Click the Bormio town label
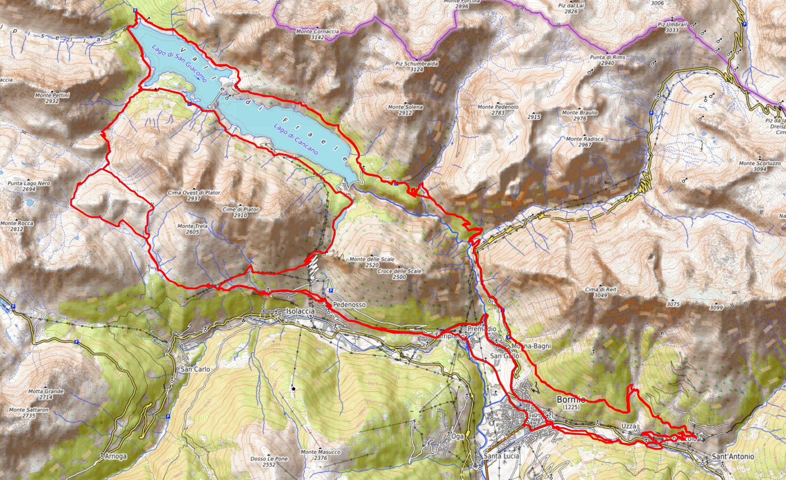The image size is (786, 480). (x=571, y=400)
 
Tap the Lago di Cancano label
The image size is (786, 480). (x=296, y=139)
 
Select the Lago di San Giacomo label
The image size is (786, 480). (x=179, y=64)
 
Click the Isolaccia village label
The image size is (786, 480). (x=300, y=311)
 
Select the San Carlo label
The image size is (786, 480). (x=195, y=369)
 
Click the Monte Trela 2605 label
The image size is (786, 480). (x=188, y=229)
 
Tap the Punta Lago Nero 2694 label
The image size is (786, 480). (x=29, y=186)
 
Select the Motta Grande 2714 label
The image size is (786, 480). (x=46, y=394)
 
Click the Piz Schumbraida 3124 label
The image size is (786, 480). (x=416, y=66)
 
